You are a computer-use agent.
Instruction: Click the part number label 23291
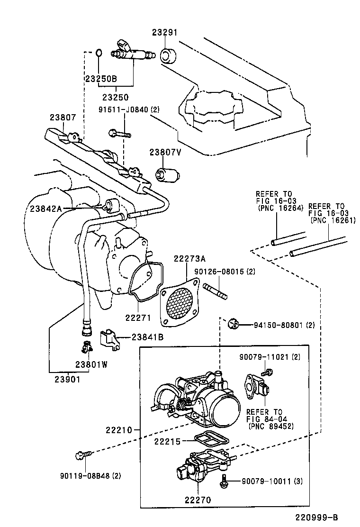tap(164, 33)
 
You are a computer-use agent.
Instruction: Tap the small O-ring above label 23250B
tap(99, 52)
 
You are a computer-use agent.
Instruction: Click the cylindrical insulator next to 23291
tap(168, 55)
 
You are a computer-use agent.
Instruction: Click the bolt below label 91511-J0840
tap(120, 134)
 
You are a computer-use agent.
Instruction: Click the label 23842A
tap(46, 208)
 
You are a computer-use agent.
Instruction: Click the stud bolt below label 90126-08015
tap(216, 290)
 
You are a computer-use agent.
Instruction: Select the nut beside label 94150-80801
tap(233, 324)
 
